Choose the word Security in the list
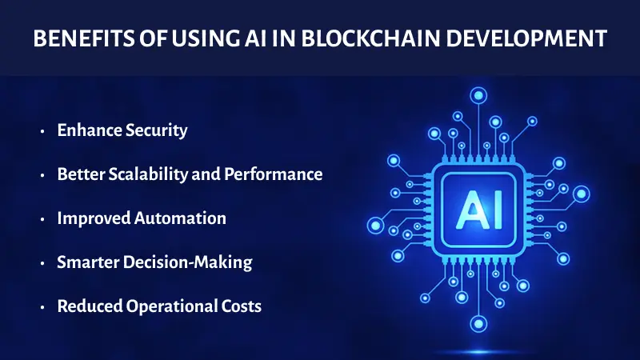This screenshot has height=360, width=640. tap(158, 130)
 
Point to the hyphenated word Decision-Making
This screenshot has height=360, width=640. tap(190, 262)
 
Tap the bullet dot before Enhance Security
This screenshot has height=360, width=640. tap(42, 131)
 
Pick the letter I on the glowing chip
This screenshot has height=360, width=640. tap(489, 210)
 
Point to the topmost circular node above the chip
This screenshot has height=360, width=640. tap(478, 96)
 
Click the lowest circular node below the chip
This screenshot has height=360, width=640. tap(478, 324)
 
